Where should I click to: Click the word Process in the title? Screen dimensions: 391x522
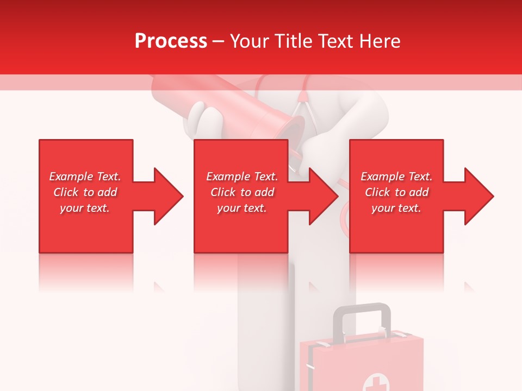171,41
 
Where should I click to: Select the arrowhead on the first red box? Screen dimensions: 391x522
165,196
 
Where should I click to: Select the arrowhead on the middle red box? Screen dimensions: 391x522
321,196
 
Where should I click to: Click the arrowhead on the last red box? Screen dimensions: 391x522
476,196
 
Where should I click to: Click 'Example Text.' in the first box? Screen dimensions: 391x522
85,176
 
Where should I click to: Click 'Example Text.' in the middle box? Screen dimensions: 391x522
242,176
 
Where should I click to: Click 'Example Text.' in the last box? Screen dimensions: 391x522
396,176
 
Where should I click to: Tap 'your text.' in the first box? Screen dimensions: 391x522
85,208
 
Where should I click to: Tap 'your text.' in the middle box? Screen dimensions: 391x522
242,208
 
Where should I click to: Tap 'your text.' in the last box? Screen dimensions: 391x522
396,208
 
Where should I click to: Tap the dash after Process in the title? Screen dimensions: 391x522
218,42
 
